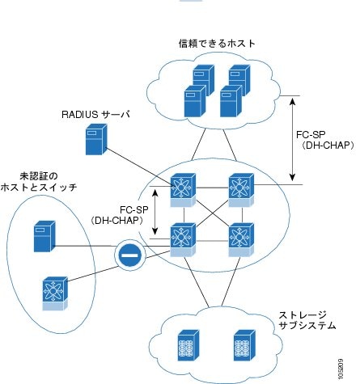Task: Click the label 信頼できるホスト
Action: click(217, 43)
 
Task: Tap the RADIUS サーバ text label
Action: click(95, 115)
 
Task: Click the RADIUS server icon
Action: click(96, 139)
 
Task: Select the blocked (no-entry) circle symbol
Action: click(130, 255)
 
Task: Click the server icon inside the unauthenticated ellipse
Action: click(44, 236)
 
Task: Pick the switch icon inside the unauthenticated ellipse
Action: click(55, 293)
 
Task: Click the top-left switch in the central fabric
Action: click(183, 190)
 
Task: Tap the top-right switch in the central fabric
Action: click(241, 190)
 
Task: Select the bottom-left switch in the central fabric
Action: click(183, 239)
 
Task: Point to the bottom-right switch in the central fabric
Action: click(241, 239)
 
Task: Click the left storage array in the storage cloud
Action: click(188, 345)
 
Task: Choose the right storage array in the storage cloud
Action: click(244, 345)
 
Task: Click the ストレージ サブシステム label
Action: click(307, 320)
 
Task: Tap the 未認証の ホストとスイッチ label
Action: click(39, 182)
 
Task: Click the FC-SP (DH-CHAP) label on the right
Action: click(324, 140)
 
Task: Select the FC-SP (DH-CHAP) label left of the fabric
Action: click(117, 215)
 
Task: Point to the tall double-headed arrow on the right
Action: click(292, 139)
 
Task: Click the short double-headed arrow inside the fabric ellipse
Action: click(155, 212)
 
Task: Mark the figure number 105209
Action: click(341, 369)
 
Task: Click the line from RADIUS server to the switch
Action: click(139, 167)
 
